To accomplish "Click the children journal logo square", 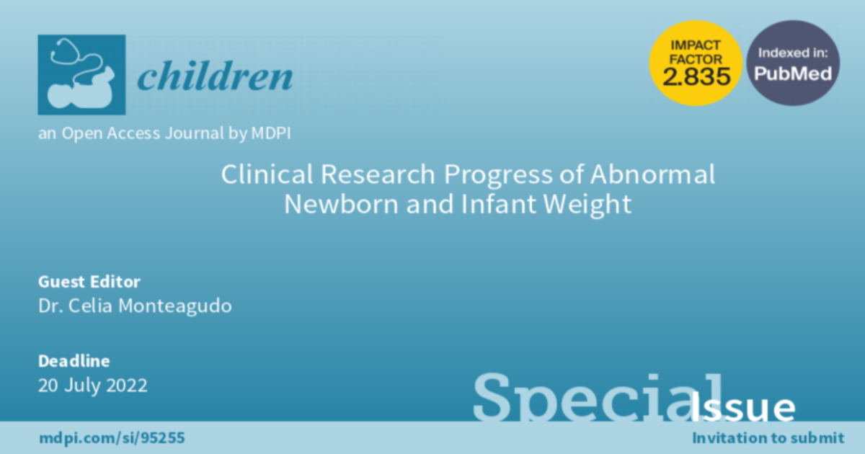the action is [x=81, y=74].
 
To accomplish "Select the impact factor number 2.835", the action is [x=696, y=76].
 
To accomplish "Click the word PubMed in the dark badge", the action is [x=793, y=74].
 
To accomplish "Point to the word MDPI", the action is [x=271, y=133].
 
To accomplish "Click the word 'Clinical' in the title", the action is [x=267, y=174].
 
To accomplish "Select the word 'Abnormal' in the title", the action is [x=652, y=174].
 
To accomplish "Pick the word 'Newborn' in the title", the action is [x=342, y=204].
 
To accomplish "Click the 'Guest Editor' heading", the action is [x=89, y=282].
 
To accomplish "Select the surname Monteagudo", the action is [x=175, y=306].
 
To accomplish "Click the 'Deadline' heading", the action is [x=74, y=361].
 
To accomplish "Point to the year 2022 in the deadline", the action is [x=127, y=386].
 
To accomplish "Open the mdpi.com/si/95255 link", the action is [x=112, y=438].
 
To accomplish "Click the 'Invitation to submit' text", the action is [x=768, y=438].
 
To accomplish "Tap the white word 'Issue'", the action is [x=742, y=407].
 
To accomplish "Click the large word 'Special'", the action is [x=598, y=397].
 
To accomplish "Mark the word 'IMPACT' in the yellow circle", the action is [x=696, y=45].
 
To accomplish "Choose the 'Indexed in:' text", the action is [x=793, y=53].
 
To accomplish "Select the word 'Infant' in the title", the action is [x=499, y=204].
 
